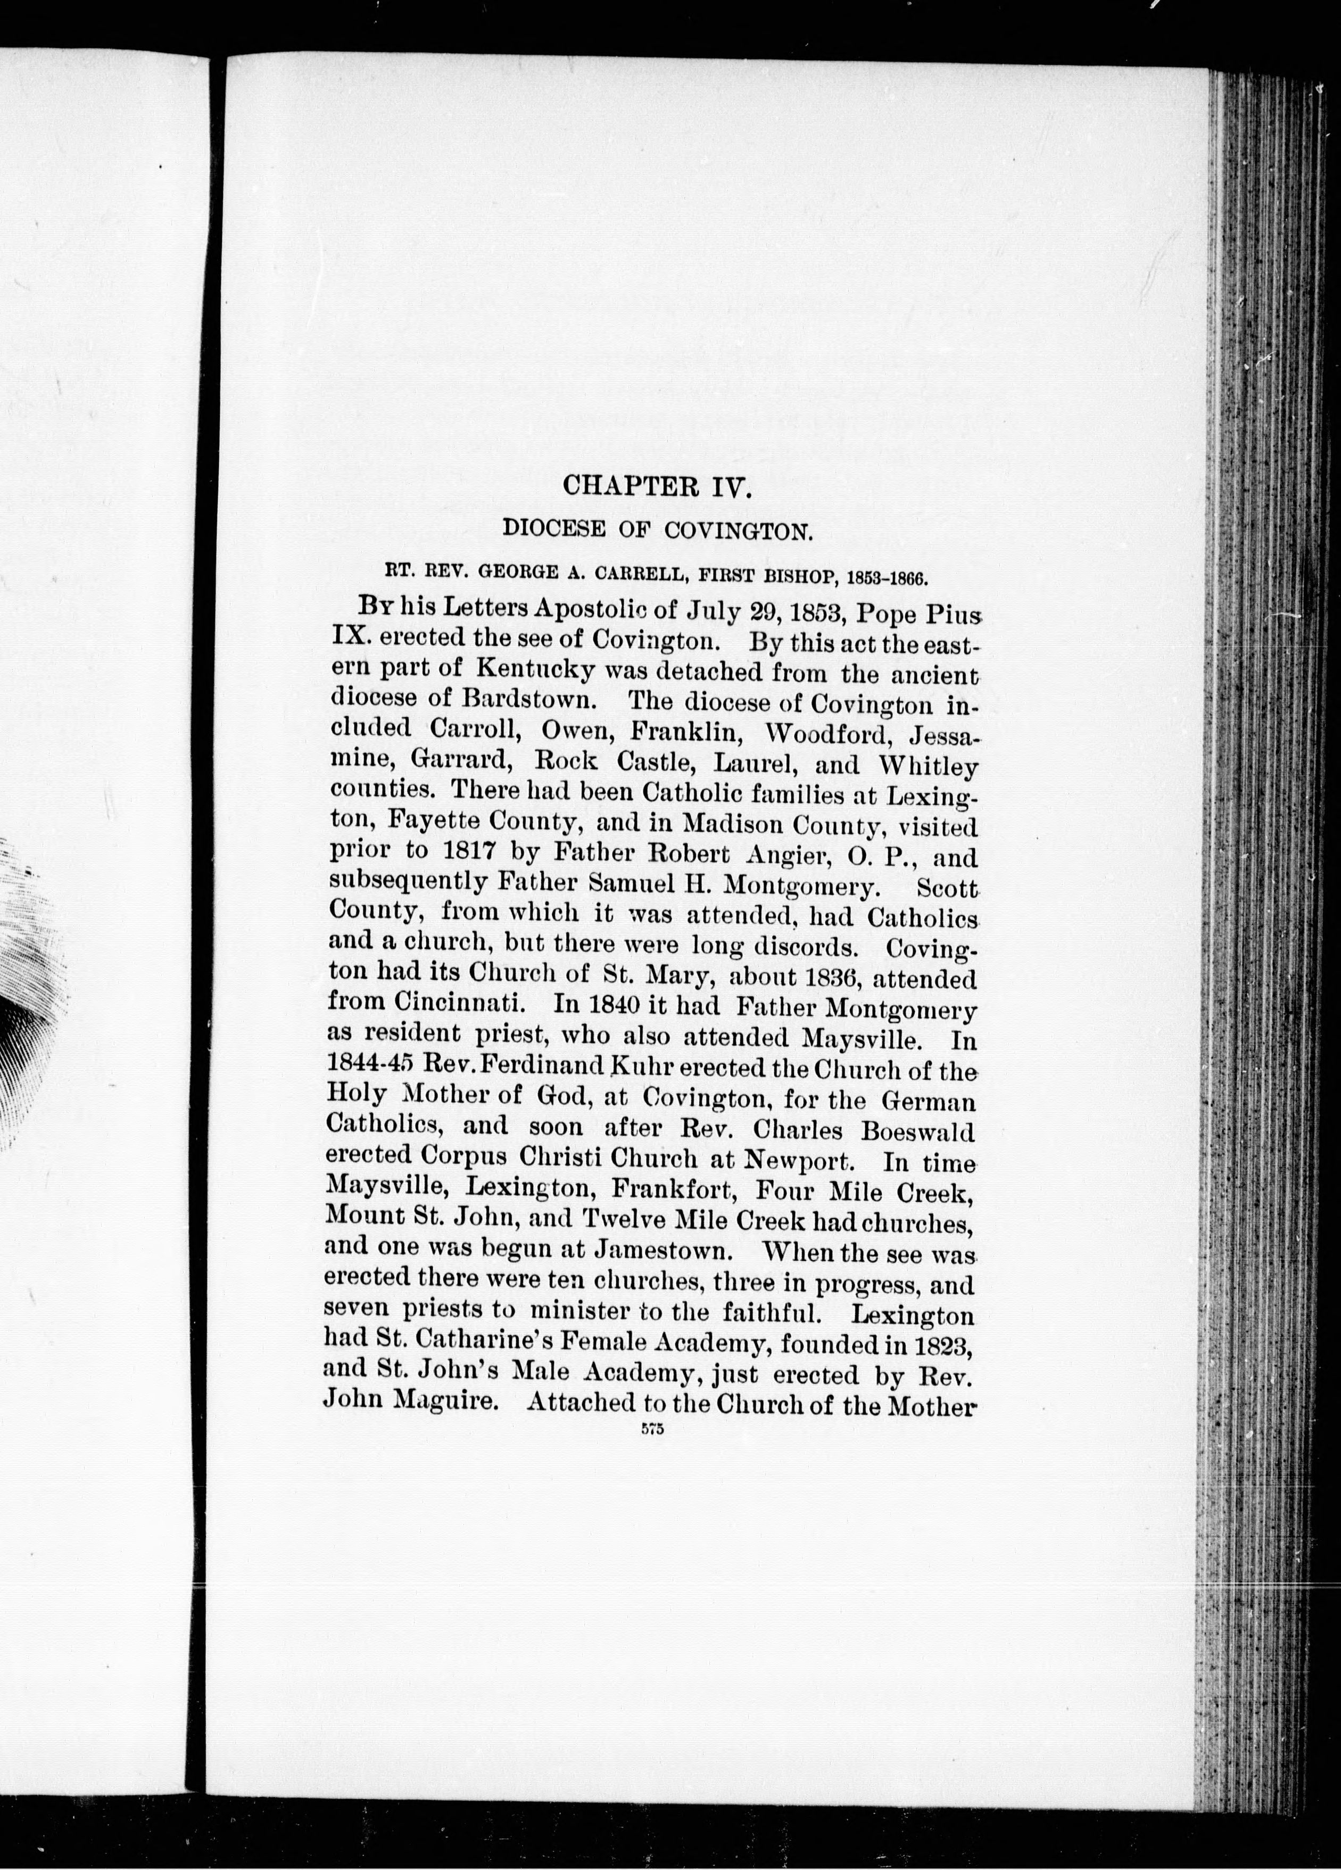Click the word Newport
pos(797,1161)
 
